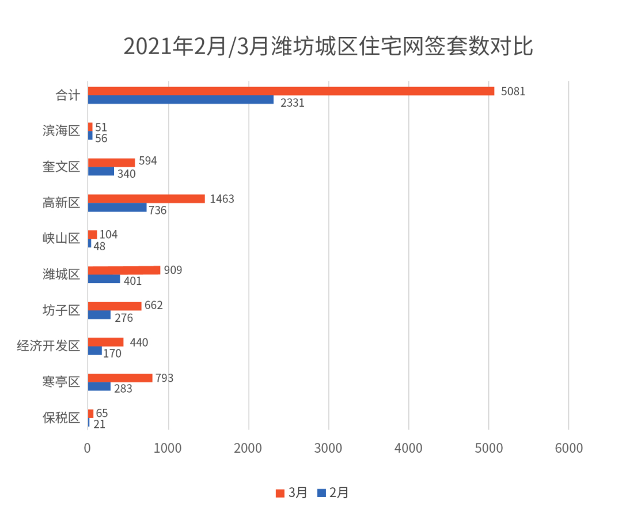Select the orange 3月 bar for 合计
pos(291,91)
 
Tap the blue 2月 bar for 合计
pos(181,100)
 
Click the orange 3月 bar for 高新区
pos(146,199)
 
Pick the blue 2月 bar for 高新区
pos(117,208)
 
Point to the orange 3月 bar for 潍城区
pos(124,270)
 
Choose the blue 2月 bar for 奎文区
pos(101,171)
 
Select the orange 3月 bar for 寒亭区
pos(120,378)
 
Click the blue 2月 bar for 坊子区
pos(99,315)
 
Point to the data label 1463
pos(222,199)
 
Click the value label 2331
pos(292,103)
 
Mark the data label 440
pos(139,343)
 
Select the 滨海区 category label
pos(61,131)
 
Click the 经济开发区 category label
pos(48,346)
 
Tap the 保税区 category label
pos(61,418)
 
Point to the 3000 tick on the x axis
pos(328,447)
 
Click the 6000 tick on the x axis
pos(568,447)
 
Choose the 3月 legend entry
pos(292,492)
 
